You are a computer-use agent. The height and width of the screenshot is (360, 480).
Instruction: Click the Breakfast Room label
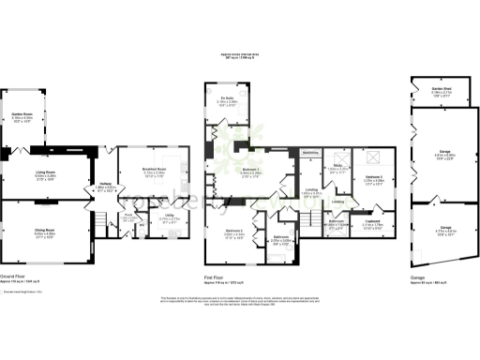155,172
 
